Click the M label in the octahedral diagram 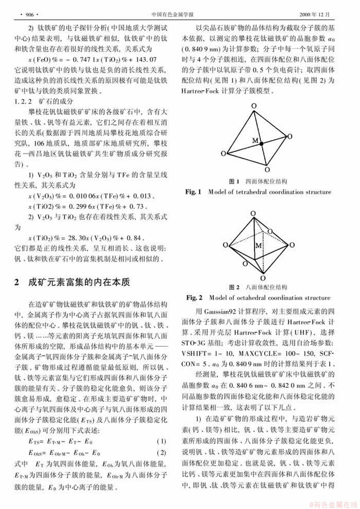[x=258, y=247]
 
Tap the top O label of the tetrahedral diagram [x=254, y=106]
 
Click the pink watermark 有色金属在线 [x=333, y=502]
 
